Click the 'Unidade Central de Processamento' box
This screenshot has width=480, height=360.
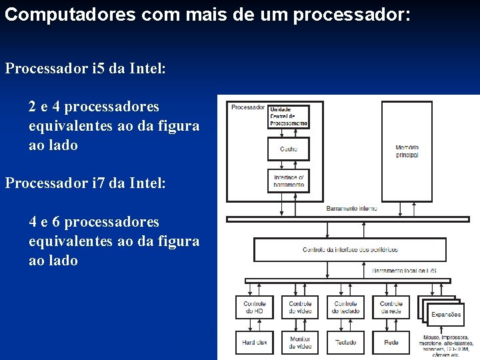coord(289,117)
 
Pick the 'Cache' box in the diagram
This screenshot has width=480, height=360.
coord(289,149)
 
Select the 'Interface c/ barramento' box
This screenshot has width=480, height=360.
coord(289,180)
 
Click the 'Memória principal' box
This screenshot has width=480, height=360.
coord(407,151)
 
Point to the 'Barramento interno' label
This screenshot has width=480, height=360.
coord(351,209)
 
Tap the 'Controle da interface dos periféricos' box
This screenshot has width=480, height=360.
coord(350,250)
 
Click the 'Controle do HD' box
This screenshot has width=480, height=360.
coord(255,307)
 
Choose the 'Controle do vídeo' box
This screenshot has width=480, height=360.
coord(300,307)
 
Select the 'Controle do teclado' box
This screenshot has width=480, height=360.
coord(345,307)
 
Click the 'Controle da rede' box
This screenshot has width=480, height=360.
coord(391,307)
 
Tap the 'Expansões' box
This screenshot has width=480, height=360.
coord(445,314)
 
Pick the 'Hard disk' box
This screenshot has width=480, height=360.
coord(255,342)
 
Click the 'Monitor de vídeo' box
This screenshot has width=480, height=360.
coord(300,342)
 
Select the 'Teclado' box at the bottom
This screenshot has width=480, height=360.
coord(345,342)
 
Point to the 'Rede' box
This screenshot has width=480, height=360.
coord(391,342)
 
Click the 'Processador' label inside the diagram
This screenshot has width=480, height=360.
coord(247,107)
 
